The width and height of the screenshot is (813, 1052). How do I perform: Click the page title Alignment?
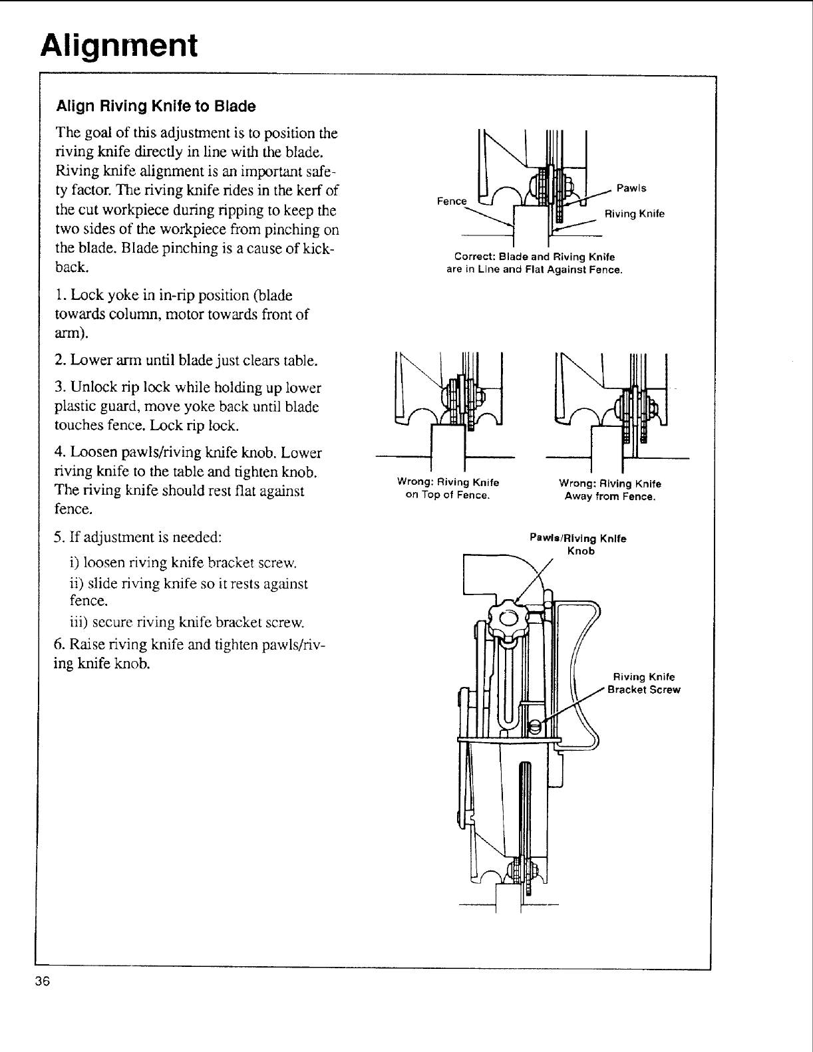point(118,45)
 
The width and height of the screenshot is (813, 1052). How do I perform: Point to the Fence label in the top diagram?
point(452,201)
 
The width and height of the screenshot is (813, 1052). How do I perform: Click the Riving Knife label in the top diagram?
point(634,213)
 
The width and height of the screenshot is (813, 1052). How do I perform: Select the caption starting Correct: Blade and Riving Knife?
point(534,263)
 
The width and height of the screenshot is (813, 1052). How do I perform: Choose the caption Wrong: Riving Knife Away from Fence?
point(610,490)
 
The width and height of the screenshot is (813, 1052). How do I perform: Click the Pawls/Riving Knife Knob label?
point(578,545)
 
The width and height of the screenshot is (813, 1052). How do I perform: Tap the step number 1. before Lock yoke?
point(61,295)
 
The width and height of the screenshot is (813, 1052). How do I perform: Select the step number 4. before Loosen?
point(61,454)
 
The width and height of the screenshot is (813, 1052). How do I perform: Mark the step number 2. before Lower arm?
point(61,361)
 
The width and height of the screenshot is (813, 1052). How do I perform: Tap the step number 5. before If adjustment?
point(61,536)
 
